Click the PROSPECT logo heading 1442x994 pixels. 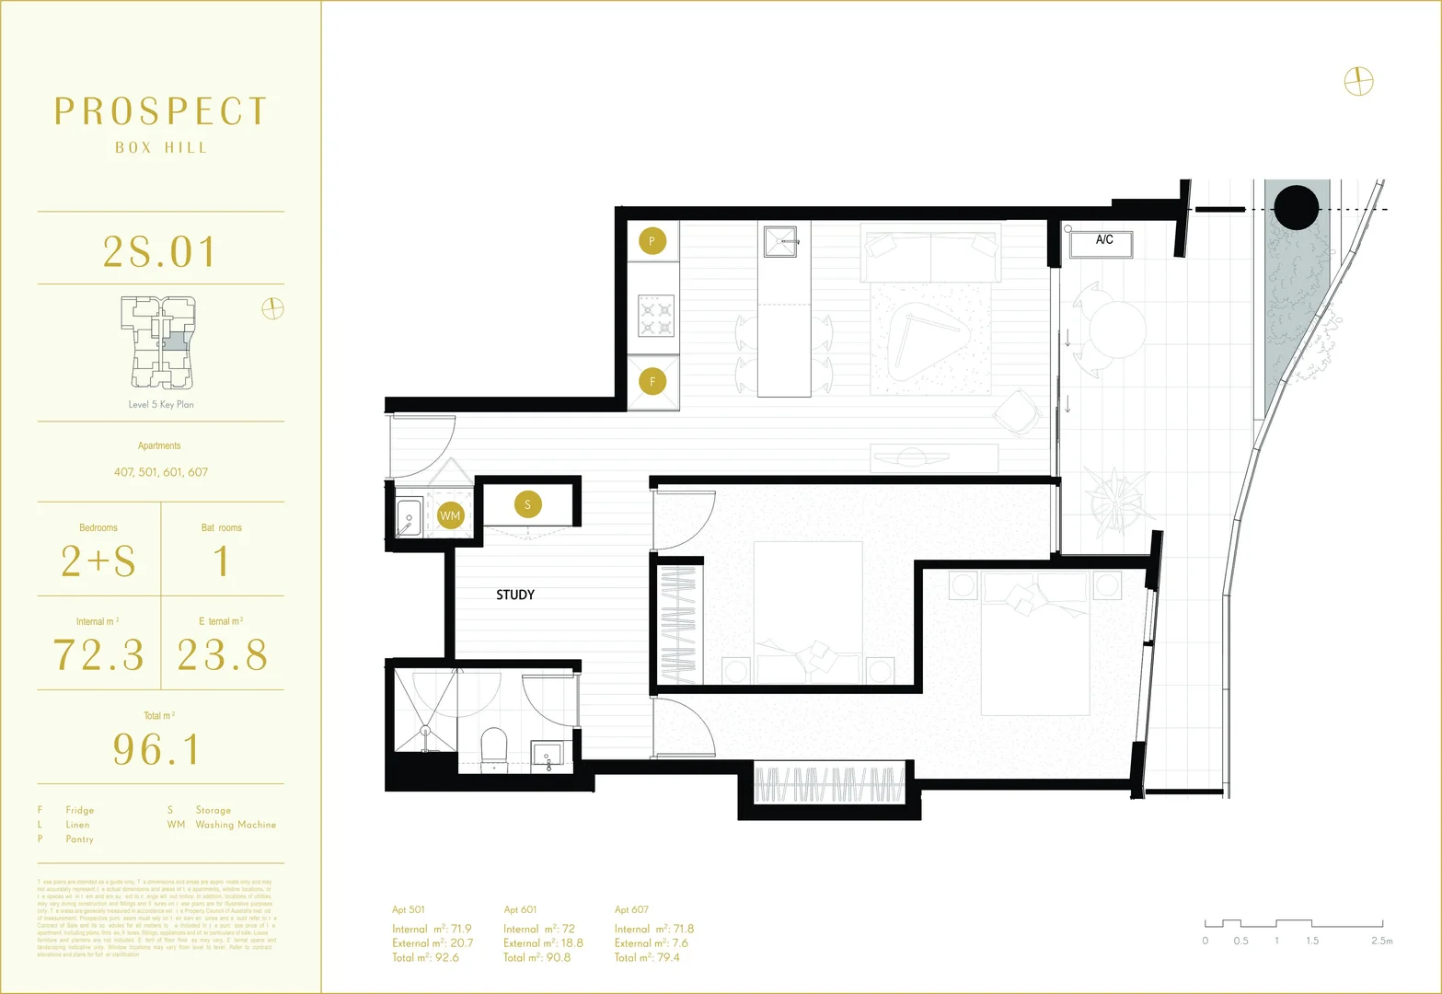click(161, 111)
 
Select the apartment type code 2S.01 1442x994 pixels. click(160, 251)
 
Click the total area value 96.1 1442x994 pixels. click(156, 749)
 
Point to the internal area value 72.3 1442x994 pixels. click(98, 655)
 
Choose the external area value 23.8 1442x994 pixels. click(223, 655)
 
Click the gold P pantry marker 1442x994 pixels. click(652, 241)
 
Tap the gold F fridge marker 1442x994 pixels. click(652, 381)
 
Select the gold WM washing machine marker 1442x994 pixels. click(450, 515)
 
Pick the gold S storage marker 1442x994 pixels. click(527, 504)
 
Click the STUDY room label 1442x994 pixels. click(515, 595)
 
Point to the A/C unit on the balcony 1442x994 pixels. click(1102, 244)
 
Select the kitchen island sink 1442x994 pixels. click(781, 242)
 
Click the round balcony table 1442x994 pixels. click(1117, 329)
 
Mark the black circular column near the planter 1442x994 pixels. click(1297, 207)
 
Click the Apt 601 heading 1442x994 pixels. click(520, 909)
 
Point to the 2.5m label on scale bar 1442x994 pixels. click(1381, 941)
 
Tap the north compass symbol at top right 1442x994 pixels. click(1358, 82)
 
